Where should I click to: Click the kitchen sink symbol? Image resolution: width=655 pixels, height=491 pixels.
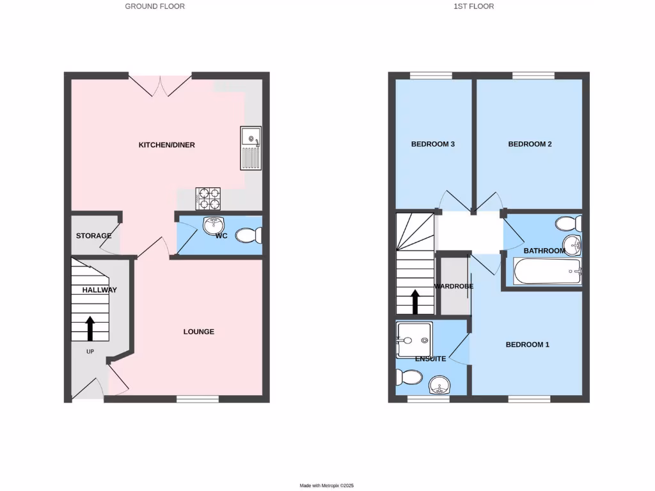[250, 148]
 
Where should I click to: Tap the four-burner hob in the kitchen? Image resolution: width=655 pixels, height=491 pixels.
[208, 198]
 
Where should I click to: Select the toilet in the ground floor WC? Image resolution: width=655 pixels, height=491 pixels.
[250, 235]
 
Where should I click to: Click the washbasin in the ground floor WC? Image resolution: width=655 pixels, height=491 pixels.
[214, 226]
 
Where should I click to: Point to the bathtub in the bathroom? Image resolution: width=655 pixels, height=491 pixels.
[547, 271]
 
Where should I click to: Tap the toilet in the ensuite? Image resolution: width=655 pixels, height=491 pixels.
[407, 377]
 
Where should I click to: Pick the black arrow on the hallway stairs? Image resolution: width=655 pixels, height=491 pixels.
[90, 327]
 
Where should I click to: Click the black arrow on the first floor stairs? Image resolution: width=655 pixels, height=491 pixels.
[415, 302]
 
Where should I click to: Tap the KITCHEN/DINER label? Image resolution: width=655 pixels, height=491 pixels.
[167, 145]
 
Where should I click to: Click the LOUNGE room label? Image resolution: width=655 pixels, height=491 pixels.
[199, 332]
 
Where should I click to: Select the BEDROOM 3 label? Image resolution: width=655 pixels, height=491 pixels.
[432, 144]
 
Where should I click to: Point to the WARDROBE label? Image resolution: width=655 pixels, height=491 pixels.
[454, 286]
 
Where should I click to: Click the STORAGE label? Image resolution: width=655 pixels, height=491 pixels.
[94, 236]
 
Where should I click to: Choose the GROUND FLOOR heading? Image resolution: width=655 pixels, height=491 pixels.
[155, 6]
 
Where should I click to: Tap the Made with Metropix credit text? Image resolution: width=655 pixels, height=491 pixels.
[327, 486]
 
